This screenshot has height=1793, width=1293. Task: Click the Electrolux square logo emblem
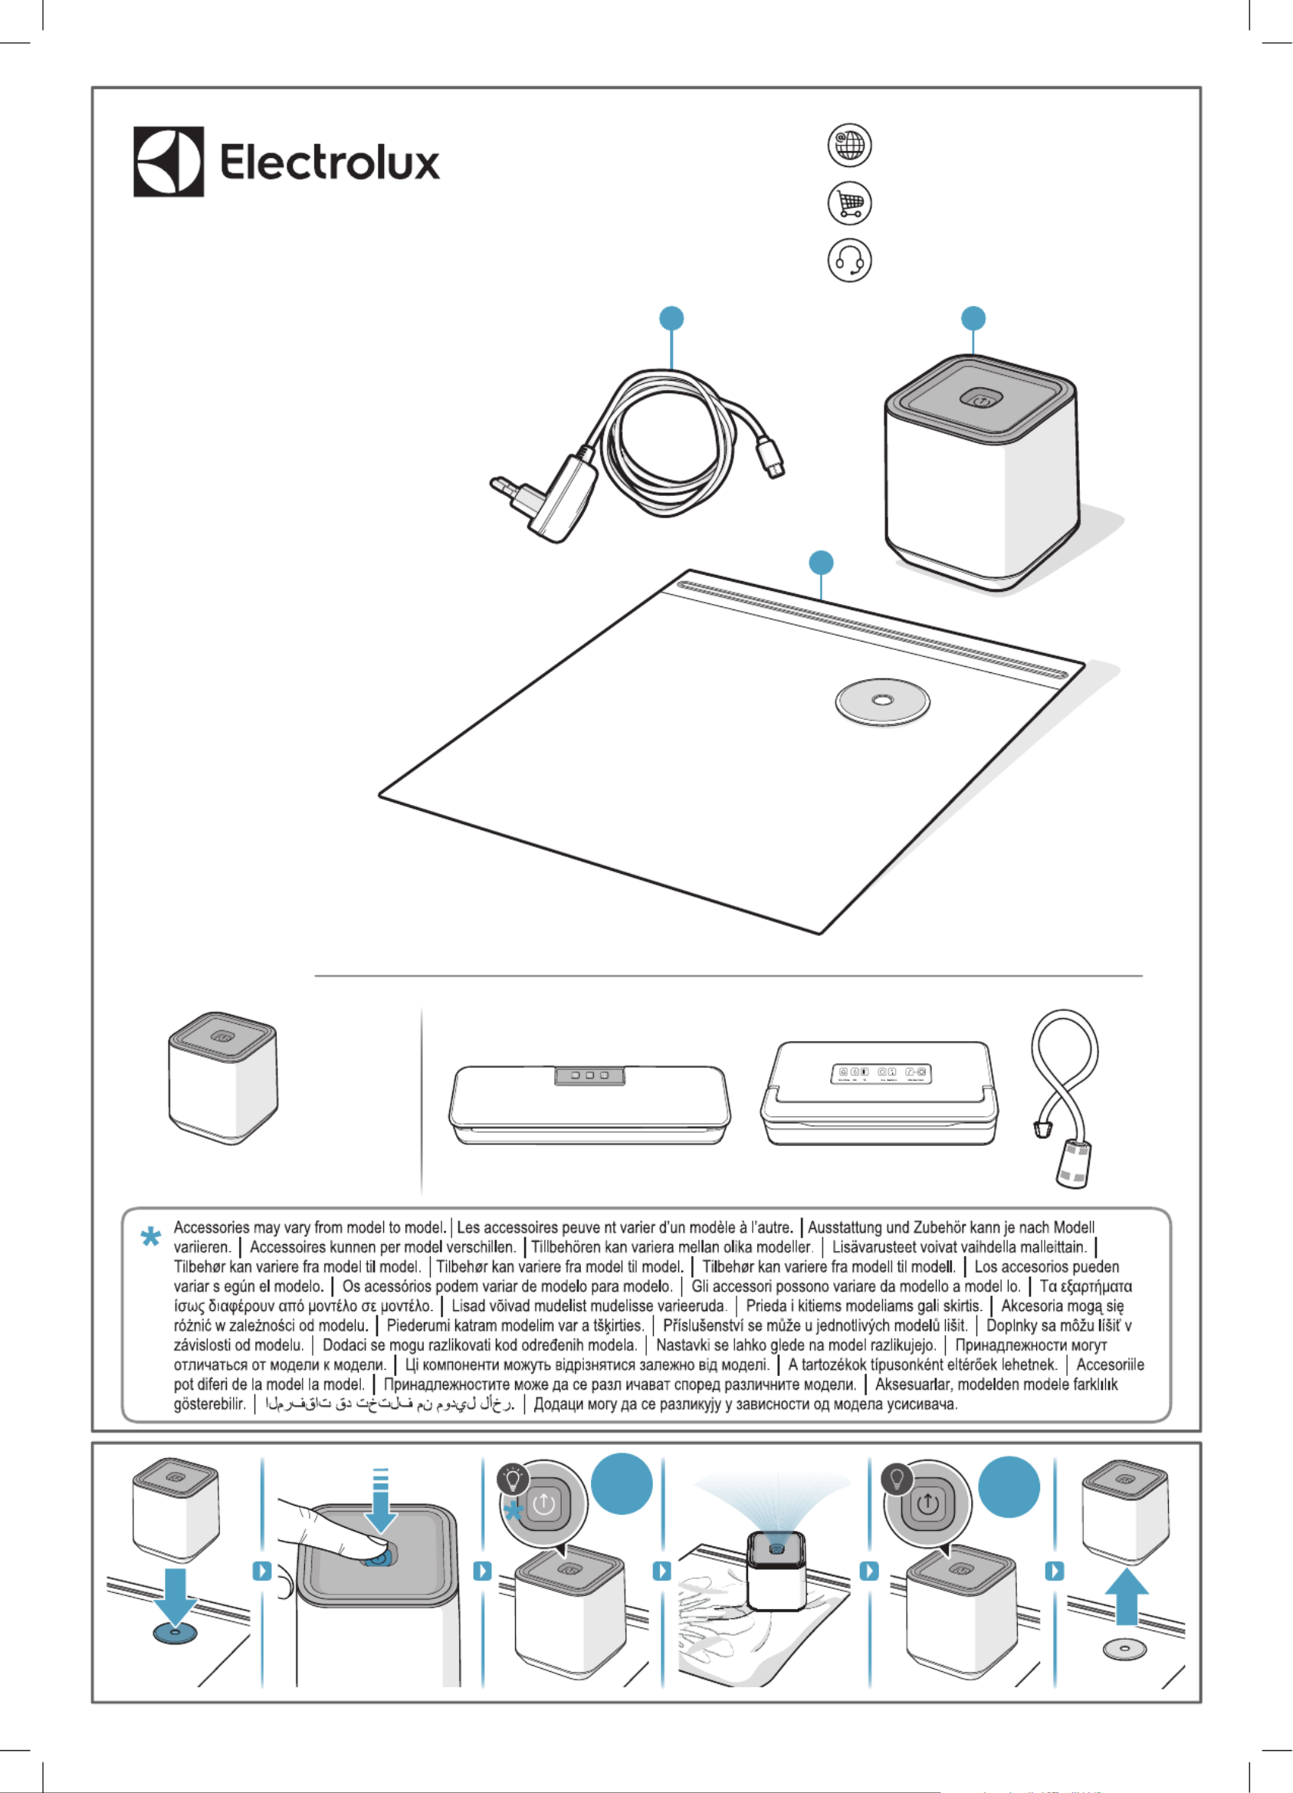click(x=169, y=161)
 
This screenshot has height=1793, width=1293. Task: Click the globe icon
click(x=850, y=146)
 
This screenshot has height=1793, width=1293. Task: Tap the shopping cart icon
click(x=850, y=203)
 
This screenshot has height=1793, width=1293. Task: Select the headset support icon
click(x=850, y=260)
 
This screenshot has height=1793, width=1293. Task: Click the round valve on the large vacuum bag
click(x=882, y=701)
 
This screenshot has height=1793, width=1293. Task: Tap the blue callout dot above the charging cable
click(x=671, y=319)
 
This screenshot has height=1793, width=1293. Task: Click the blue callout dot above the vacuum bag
click(x=822, y=563)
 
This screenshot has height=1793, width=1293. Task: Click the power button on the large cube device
click(x=981, y=400)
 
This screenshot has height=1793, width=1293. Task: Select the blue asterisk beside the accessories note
click(x=150, y=1236)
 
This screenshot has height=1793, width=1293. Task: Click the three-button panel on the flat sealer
click(x=589, y=1076)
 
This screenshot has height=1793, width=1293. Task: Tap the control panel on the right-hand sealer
click(x=881, y=1074)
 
